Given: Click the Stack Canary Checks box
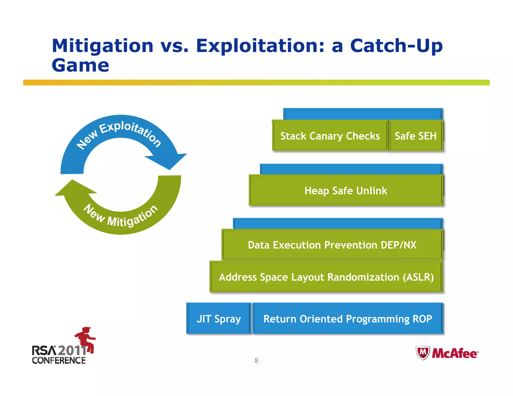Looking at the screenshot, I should click(x=330, y=136).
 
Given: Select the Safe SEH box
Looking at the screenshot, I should click(x=416, y=136).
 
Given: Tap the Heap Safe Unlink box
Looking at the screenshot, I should click(x=346, y=190).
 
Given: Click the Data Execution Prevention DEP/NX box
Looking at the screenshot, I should click(x=332, y=245).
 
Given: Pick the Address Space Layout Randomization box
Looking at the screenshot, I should click(x=326, y=277).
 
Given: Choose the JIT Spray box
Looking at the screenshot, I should click(x=218, y=319).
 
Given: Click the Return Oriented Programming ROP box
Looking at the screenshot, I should click(x=348, y=319).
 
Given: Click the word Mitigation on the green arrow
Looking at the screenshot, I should click(x=133, y=217).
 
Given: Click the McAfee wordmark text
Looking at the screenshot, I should click(x=455, y=353).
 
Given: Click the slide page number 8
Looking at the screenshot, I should click(x=256, y=360).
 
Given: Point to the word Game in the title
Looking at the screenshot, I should click(x=80, y=66).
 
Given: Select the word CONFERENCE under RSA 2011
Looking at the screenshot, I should click(x=59, y=360).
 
